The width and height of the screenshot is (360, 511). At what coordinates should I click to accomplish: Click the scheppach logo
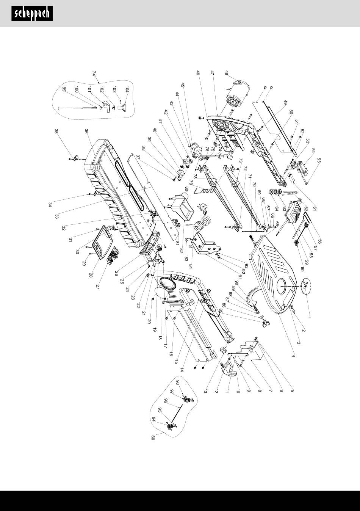coord(32,14)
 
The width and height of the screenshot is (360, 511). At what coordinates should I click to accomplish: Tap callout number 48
coord(226,73)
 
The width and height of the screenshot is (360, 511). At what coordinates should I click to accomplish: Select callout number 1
coord(309,317)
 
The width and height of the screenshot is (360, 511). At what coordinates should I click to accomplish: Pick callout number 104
coord(127,89)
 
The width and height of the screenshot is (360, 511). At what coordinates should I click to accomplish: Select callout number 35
coord(56,132)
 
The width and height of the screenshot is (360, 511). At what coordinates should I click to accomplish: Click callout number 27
coord(98,287)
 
